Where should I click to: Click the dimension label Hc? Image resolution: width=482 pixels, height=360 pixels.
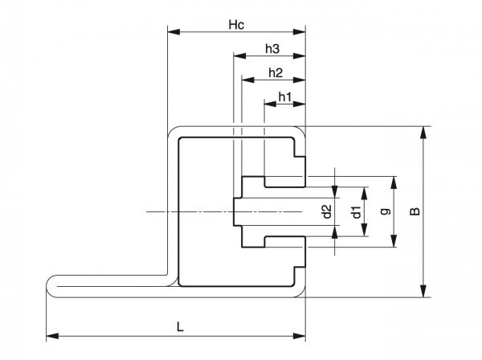pos(235,24)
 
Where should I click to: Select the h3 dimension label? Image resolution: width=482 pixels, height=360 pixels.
pos(272,49)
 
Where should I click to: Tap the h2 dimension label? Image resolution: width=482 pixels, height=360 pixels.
pos(275,73)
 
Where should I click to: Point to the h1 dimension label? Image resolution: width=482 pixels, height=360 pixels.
pos(284,97)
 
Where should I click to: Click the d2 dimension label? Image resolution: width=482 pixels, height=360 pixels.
pos(326,211)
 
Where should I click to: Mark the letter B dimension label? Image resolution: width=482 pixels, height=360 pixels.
pos(415,211)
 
